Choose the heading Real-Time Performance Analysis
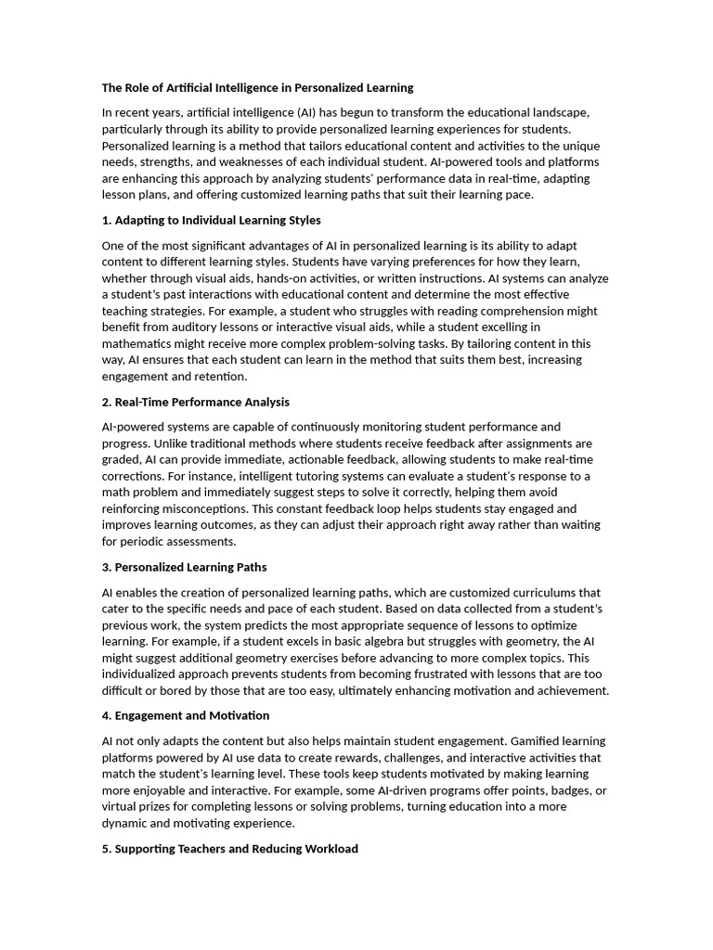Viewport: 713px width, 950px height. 196,402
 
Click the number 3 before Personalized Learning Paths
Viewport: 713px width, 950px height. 106,567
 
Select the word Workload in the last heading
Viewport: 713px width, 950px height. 331,849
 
